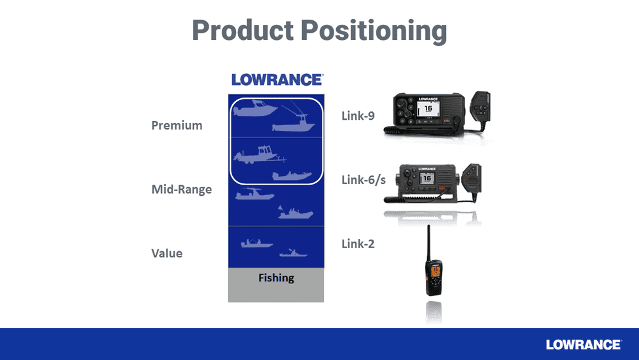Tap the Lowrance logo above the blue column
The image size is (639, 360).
click(x=277, y=80)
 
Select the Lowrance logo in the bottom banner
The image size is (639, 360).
click(x=583, y=344)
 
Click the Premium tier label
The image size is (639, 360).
click(x=177, y=125)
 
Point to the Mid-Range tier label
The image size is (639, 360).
click(x=182, y=190)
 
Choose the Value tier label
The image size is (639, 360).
click(x=167, y=253)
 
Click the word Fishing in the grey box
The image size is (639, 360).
click(x=276, y=278)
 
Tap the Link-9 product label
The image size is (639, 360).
click(x=359, y=116)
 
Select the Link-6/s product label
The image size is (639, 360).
click(x=364, y=179)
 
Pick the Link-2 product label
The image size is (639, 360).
click(x=358, y=243)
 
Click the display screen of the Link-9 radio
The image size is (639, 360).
click(x=428, y=108)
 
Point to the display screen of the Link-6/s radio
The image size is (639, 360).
click(x=426, y=178)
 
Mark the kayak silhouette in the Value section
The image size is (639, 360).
click(x=293, y=253)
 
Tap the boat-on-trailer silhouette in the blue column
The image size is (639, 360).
click(x=258, y=154)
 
